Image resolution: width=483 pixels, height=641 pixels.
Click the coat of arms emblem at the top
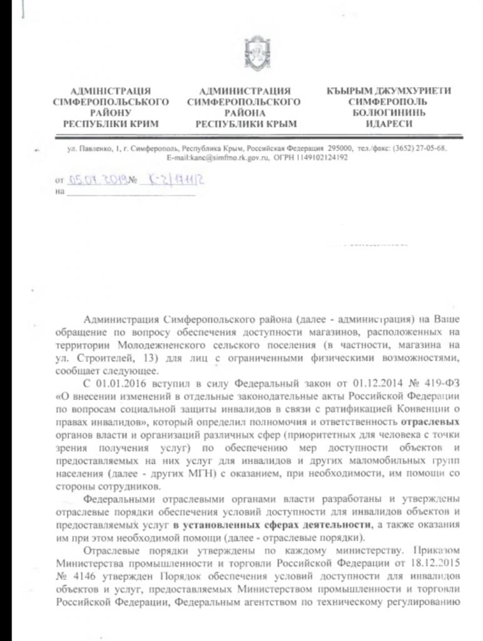(x=256, y=51)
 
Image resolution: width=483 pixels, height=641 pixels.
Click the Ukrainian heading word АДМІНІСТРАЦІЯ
(x=111, y=91)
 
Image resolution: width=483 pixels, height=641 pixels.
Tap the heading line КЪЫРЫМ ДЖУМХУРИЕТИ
(x=389, y=91)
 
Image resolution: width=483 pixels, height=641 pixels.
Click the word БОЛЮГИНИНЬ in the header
(x=389, y=113)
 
